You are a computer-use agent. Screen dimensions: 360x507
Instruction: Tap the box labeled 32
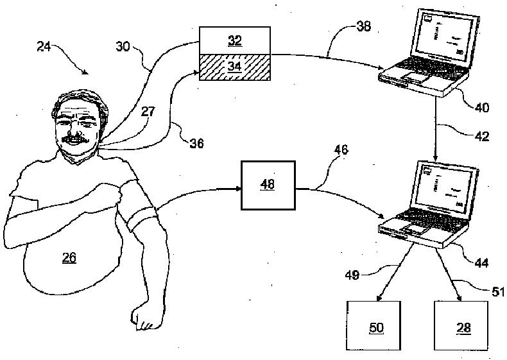[x=234, y=40]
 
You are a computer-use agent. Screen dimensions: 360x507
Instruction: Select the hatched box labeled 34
[x=234, y=67]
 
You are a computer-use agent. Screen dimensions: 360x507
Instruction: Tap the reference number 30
[x=125, y=46]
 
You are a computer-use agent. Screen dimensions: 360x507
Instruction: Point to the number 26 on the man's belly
[x=69, y=258]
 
